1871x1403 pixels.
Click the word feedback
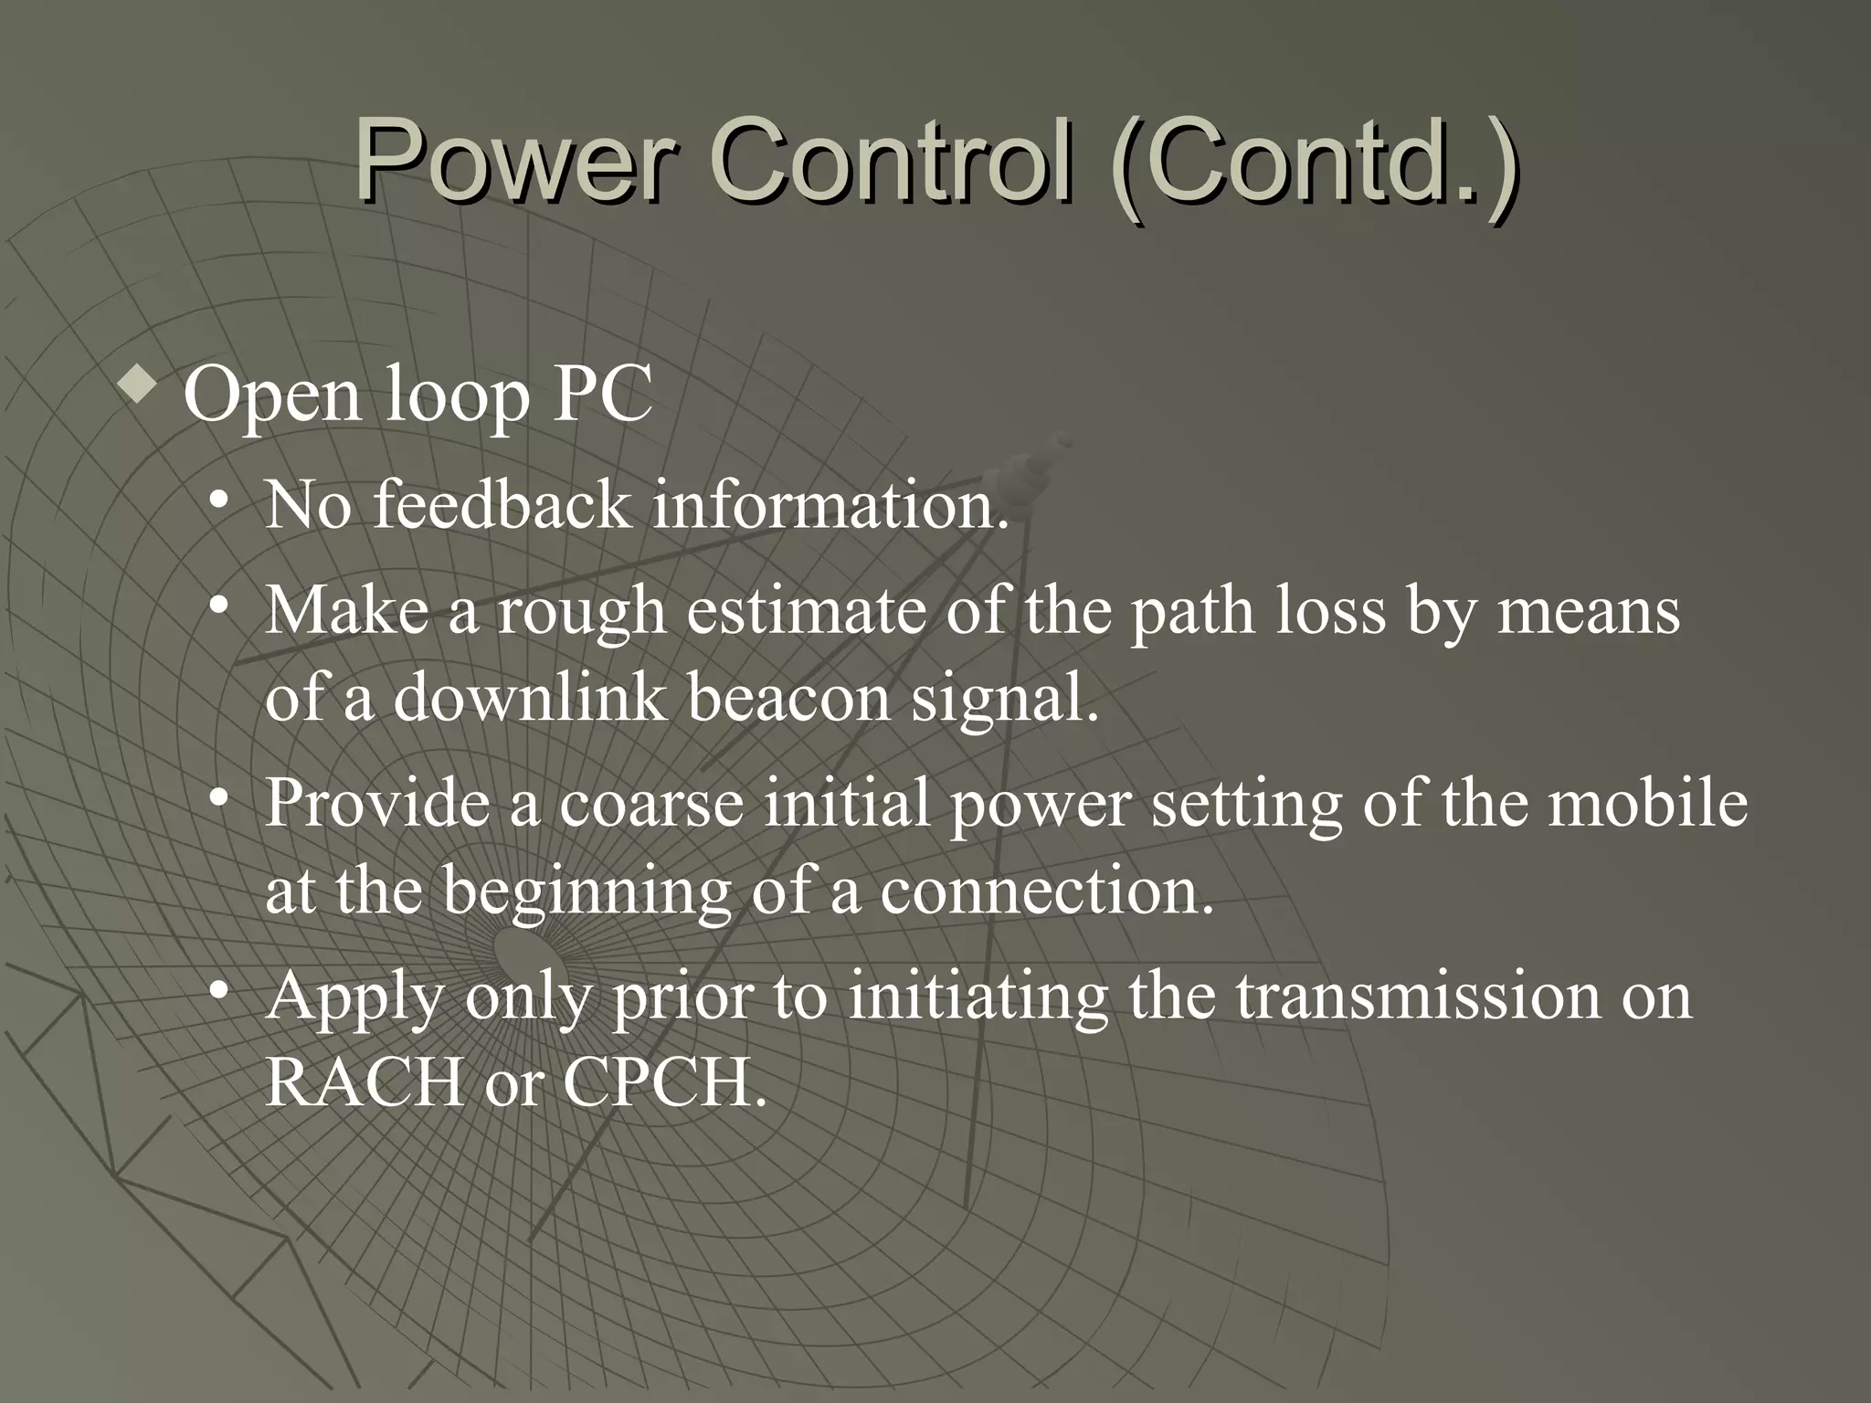(x=502, y=504)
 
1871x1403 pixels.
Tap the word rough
(x=582, y=612)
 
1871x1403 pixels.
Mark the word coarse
(x=651, y=804)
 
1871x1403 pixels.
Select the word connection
(x=1046, y=891)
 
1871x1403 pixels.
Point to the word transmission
(x=1418, y=996)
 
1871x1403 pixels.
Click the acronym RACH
(x=365, y=1083)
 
